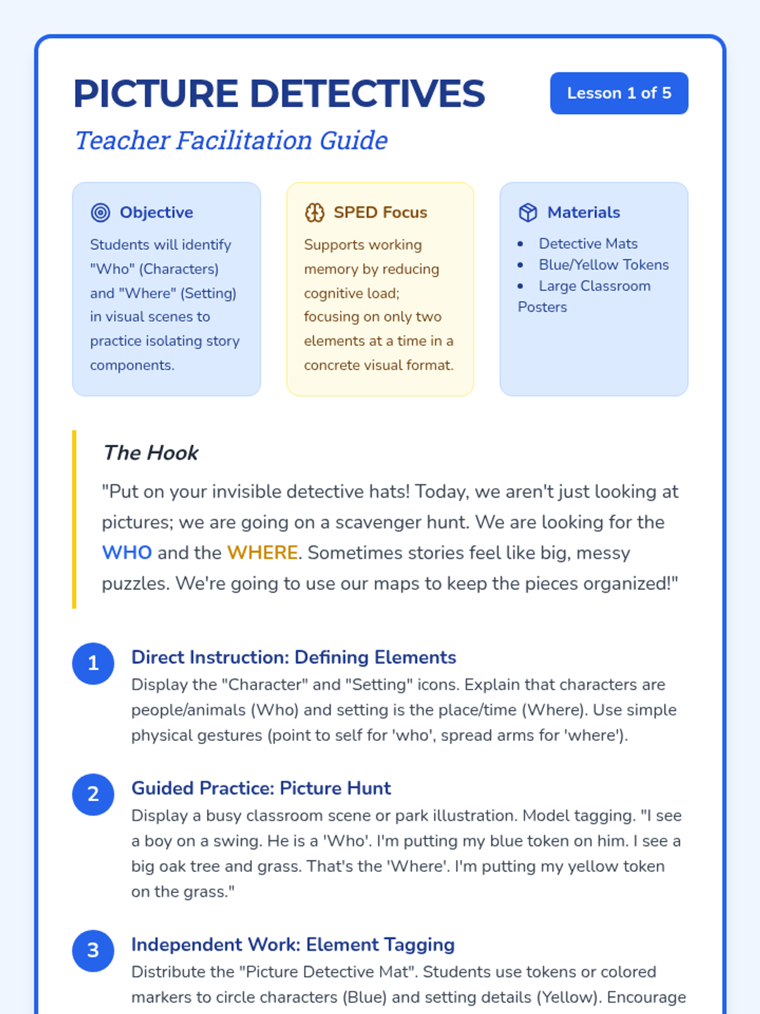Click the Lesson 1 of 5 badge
tap(619, 93)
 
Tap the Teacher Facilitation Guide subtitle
tap(231, 140)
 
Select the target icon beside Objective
tap(101, 213)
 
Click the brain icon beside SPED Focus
tap(315, 213)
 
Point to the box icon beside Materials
tap(528, 213)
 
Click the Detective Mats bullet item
tap(588, 244)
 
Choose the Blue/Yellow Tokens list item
tap(604, 265)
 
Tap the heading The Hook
tap(151, 453)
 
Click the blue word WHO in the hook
tap(127, 553)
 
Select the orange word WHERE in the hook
tap(262, 553)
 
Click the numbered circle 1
tap(93, 664)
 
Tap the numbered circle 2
tap(93, 794)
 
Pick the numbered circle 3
tap(93, 951)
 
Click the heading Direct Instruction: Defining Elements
tap(293, 657)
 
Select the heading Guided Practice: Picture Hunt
tap(261, 788)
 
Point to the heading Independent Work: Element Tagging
tap(293, 945)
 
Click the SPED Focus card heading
tap(380, 213)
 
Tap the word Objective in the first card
tap(156, 213)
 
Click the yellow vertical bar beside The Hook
tap(75, 520)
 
